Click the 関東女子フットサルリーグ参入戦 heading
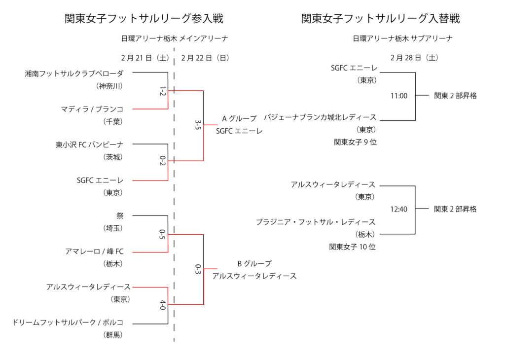pyautogui.click(x=144, y=19)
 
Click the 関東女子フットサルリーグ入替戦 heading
pyautogui.click(x=380, y=19)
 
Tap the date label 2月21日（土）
pyautogui.click(x=145, y=58)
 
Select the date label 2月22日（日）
pyautogui.click(x=205, y=58)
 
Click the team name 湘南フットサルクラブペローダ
pyautogui.click(x=74, y=73)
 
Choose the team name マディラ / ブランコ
pyautogui.click(x=92, y=109)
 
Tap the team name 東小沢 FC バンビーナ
pyautogui.click(x=89, y=144)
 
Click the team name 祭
pyautogui.click(x=120, y=216)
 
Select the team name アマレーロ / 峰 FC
pyautogui.click(x=94, y=252)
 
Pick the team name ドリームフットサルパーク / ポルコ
pyautogui.click(x=68, y=323)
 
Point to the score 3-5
pyautogui.click(x=198, y=125)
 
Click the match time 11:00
pyautogui.click(x=399, y=96)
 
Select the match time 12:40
pyautogui.click(x=399, y=209)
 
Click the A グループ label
pyautogui.click(x=239, y=118)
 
